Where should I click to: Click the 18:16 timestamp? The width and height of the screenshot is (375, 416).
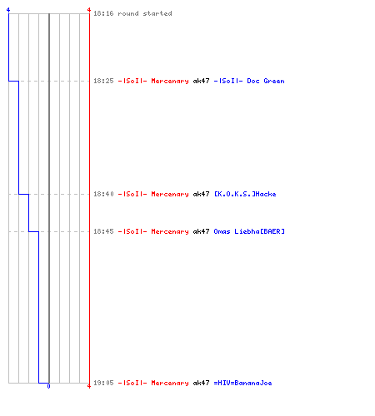pyautogui.click(x=103, y=13)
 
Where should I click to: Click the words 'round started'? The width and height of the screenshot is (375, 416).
pyautogui.click(x=145, y=13)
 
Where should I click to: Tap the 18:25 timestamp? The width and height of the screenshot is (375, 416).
pyautogui.click(x=103, y=81)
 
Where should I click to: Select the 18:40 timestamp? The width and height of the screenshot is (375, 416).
pyautogui.click(x=103, y=194)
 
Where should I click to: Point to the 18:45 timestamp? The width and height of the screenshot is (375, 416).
pyautogui.click(x=103, y=231)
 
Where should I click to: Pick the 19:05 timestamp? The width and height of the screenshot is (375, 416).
pyautogui.click(x=103, y=383)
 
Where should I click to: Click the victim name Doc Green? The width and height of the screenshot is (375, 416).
pyautogui.click(x=266, y=81)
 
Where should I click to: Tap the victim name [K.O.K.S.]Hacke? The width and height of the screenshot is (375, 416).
pyautogui.click(x=245, y=194)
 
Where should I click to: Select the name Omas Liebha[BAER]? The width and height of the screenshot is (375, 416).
pyautogui.click(x=249, y=231)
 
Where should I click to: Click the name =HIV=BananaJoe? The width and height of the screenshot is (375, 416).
pyautogui.click(x=242, y=383)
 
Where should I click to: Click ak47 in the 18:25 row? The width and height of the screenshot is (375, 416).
pyautogui.click(x=201, y=81)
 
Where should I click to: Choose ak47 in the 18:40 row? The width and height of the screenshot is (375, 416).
pyautogui.click(x=201, y=194)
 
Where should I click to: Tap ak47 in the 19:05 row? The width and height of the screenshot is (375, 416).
pyautogui.click(x=201, y=383)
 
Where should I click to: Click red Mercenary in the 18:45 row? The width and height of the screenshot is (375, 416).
pyautogui.click(x=170, y=231)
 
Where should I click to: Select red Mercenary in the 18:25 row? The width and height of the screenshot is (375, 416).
pyautogui.click(x=170, y=81)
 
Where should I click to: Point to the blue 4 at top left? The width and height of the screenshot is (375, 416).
pyautogui.click(x=8, y=10)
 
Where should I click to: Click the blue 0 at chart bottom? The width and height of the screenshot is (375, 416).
pyautogui.click(x=48, y=386)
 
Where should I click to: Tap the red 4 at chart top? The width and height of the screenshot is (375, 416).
pyautogui.click(x=89, y=10)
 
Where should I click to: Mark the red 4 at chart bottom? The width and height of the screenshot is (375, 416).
pyautogui.click(x=89, y=386)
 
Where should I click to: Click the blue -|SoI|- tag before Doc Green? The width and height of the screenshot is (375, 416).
pyautogui.click(x=228, y=81)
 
